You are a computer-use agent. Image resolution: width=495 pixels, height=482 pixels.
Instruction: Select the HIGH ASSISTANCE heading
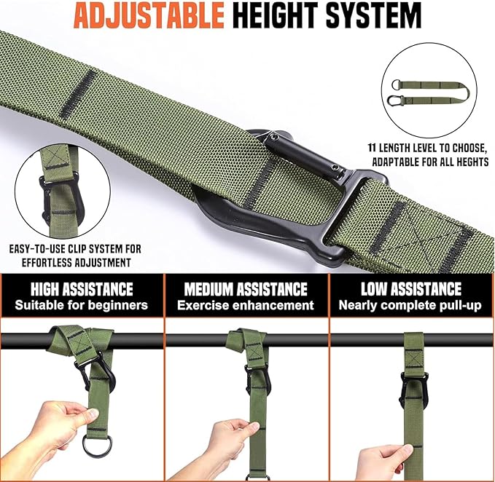(81, 289)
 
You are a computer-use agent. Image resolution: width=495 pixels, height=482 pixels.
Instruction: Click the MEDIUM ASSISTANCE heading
(245, 289)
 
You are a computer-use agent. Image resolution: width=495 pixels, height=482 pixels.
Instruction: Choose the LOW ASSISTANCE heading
(410, 289)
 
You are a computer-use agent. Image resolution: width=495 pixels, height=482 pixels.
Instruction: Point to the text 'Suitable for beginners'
(81, 305)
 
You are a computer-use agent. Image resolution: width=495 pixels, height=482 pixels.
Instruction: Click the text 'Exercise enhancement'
(245, 305)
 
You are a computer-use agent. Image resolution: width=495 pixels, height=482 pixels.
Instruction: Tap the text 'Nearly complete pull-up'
(410, 305)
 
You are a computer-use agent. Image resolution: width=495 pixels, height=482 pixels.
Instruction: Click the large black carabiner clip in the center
(292, 197)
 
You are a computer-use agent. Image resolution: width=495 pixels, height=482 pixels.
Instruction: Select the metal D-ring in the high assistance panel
(97, 442)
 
